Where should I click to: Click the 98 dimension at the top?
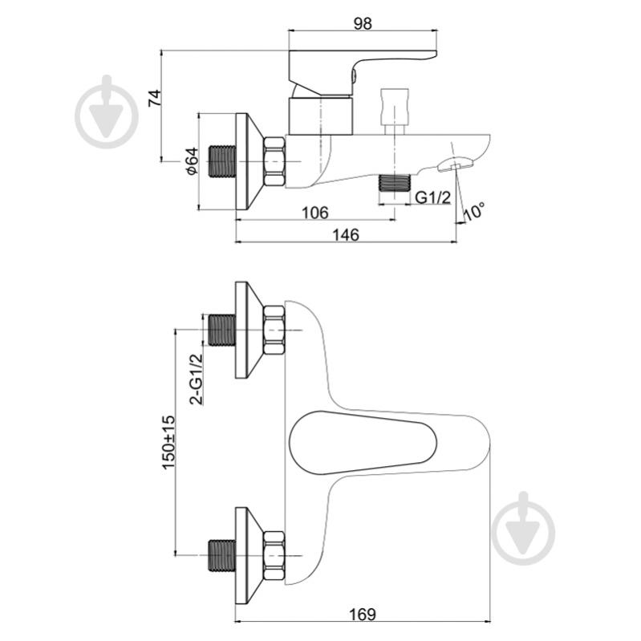(x=363, y=24)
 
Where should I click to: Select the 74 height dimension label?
(x=155, y=98)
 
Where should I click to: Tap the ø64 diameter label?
(x=192, y=161)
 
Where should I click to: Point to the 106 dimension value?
(x=314, y=213)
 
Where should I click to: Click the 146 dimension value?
(x=346, y=235)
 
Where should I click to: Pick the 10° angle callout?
(x=474, y=211)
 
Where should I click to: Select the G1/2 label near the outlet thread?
(x=433, y=198)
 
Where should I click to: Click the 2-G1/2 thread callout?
(x=197, y=379)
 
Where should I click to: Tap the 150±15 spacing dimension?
(x=168, y=442)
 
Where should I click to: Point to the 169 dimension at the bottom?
(x=362, y=615)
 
